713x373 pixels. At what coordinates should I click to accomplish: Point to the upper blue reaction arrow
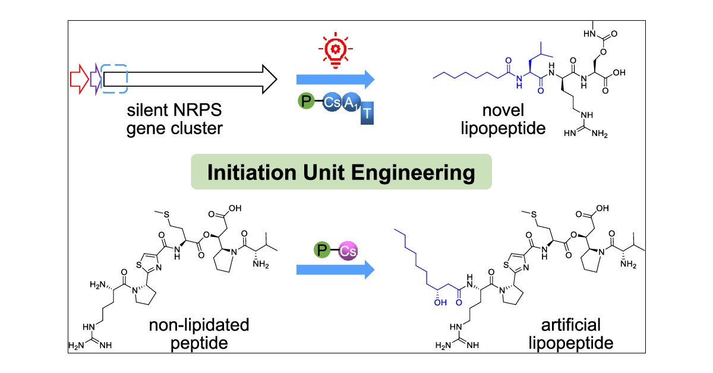pos(335,78)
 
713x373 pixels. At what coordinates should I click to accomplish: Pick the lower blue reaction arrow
pos(335,271)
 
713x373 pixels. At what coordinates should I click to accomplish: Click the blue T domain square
pos(368,117)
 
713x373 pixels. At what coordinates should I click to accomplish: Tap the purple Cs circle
pos(348,252)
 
